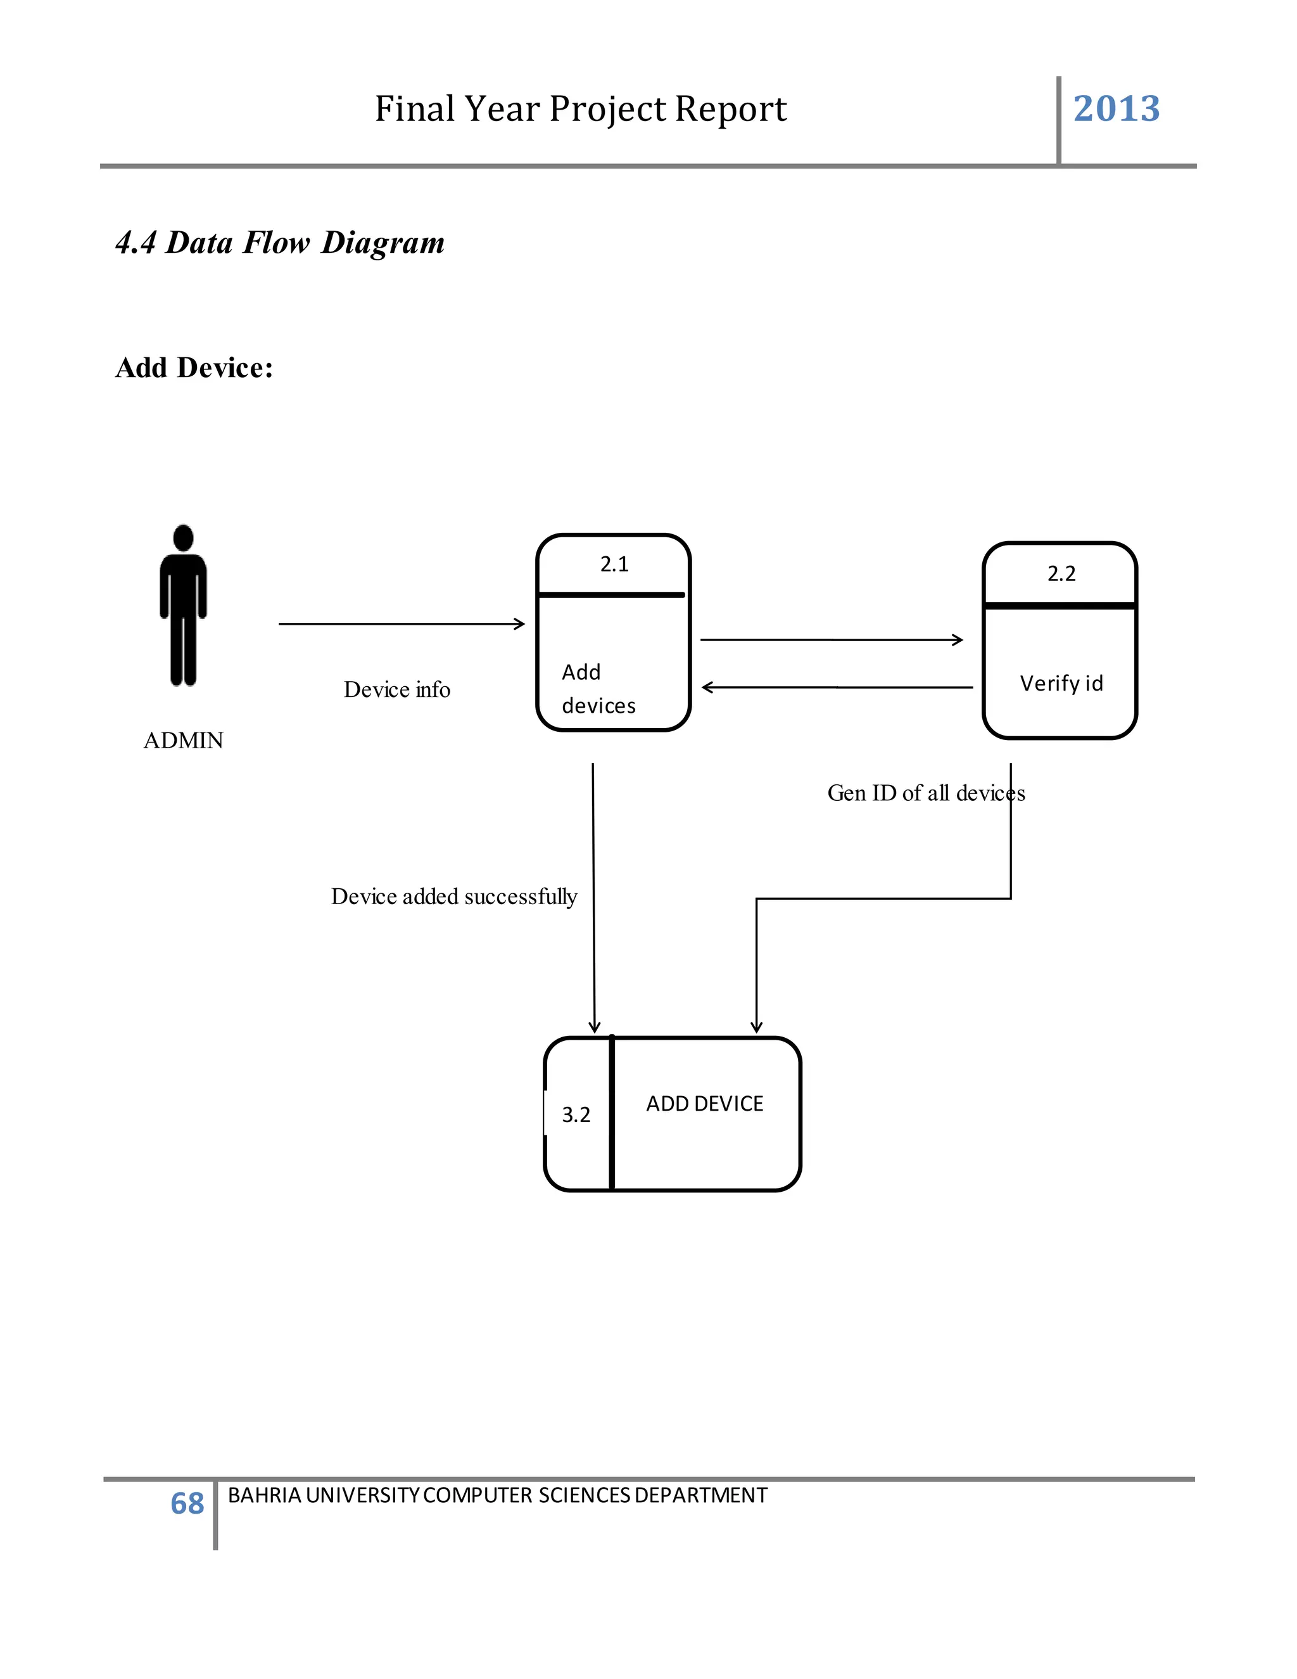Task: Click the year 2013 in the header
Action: pyautogui.click(x=1116, y=108)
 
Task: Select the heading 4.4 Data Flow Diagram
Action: pyautogui.click(x=280, y=242)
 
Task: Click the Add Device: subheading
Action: pyautogui.click(x=194, y=367)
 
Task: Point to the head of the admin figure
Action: pyautogui.click(x=183, y=537)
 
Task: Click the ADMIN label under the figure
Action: pyautogui.click(x=183, y=740)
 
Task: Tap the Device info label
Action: pyautogui.click(x=396, y=689)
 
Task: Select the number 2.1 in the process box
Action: pyautogui.click(x=614, y=565)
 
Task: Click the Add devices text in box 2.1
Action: pyautogui.click(x=598, y=689)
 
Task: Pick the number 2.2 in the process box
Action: pyautogui.click(x=1061, y=573)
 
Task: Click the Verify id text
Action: pyautogui.click(x=1061, y=684)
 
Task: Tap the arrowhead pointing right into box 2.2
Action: pyautogui.click(x=959, y=640)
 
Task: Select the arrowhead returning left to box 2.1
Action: pyautogui.click(x=707, y=687)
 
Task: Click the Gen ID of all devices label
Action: pyautogui.click(x=925, y=793)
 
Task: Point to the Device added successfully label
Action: pyautogui.click(x=453, y=897)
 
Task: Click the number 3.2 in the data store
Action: pyautogui.click(x=576, y=1114)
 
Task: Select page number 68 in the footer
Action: pyautogui.click(x=187, y=1503)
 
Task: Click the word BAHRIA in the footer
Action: pyautogui.click(x=264, y=1495)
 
